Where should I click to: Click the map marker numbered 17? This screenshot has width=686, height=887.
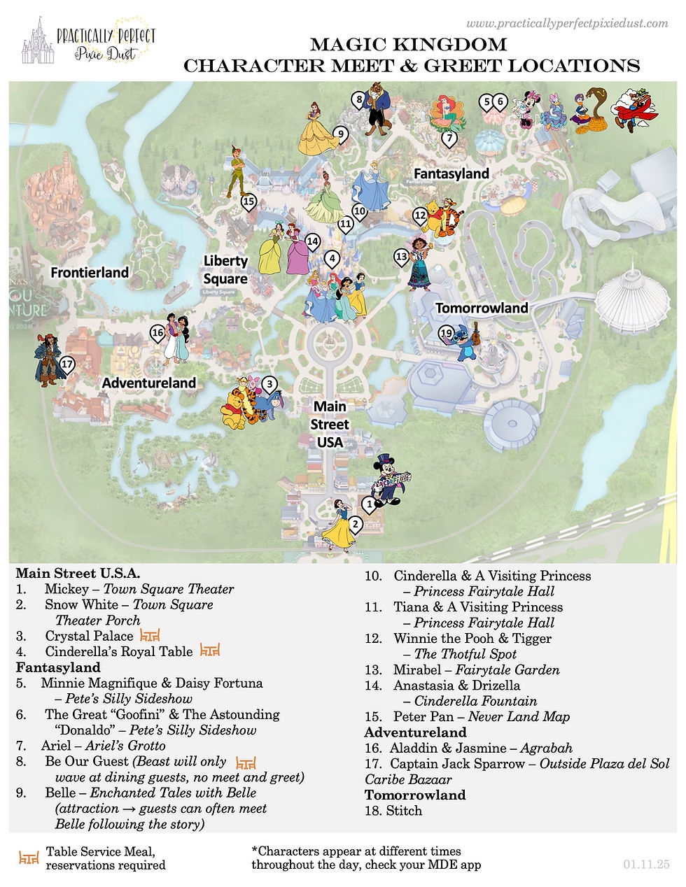tap(67, 364)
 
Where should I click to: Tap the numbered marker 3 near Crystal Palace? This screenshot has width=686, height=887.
tap(269, 383)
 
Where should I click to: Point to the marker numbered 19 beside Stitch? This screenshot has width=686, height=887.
tap(446, 334)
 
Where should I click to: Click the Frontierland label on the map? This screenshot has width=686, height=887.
tap(90, 272)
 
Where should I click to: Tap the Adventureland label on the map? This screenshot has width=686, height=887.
tap(148, 383)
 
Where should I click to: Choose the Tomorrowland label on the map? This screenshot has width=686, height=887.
tap(482, 308)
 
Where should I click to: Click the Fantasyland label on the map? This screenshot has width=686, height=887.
tap(451, 173)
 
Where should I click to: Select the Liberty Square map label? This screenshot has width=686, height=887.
tap(225, 269)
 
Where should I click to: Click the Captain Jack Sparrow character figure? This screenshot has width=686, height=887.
tap(49, 357)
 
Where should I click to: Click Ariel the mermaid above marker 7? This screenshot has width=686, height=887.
tap(447, 113)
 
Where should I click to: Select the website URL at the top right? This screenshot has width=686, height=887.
tap(567, 24)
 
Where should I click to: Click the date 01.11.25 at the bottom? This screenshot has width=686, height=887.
tap(646, 865)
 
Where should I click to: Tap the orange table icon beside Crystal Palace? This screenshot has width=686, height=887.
tap(150, 636)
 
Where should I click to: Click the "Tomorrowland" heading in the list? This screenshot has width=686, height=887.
tap(415, 795)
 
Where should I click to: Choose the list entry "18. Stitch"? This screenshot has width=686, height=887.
tap(393, 811)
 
